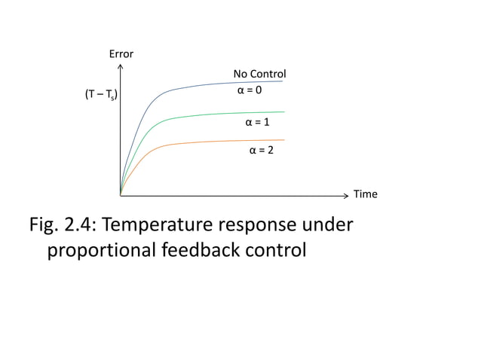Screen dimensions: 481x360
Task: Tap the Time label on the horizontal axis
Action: tap(366, 194)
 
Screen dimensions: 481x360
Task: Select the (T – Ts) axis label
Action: tap(100, 96)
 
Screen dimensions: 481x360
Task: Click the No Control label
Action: tap(259, 74)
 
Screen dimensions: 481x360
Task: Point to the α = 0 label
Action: tap(250, 90)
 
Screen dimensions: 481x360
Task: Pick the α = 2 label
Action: tap(262, 151)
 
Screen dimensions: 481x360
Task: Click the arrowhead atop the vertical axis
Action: tap(121, 66)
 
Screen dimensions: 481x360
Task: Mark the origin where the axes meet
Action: tap(121, 194)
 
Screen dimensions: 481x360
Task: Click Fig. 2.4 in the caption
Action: tap(61, 224)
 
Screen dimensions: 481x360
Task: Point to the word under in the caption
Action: tap(330, 224)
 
